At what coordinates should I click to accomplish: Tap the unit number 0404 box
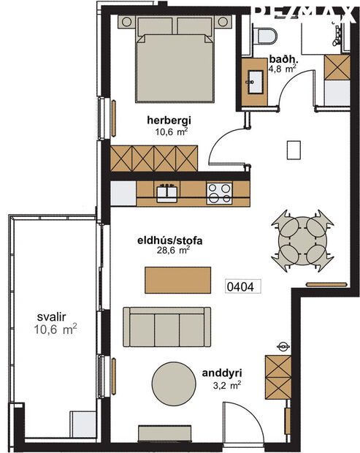pyautogui.click(x=240, y=286)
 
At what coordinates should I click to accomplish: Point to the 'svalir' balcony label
pyautogui.click(x=51, y=318)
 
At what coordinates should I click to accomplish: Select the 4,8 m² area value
pyautogui.click(x=282, y=69)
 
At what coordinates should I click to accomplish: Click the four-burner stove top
pyautogui.click(x=218, y=192)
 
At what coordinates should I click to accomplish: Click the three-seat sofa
pyautogui.click(x=166, y=327)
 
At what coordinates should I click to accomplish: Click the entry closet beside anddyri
pyautogui.click(x=279, y=376)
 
